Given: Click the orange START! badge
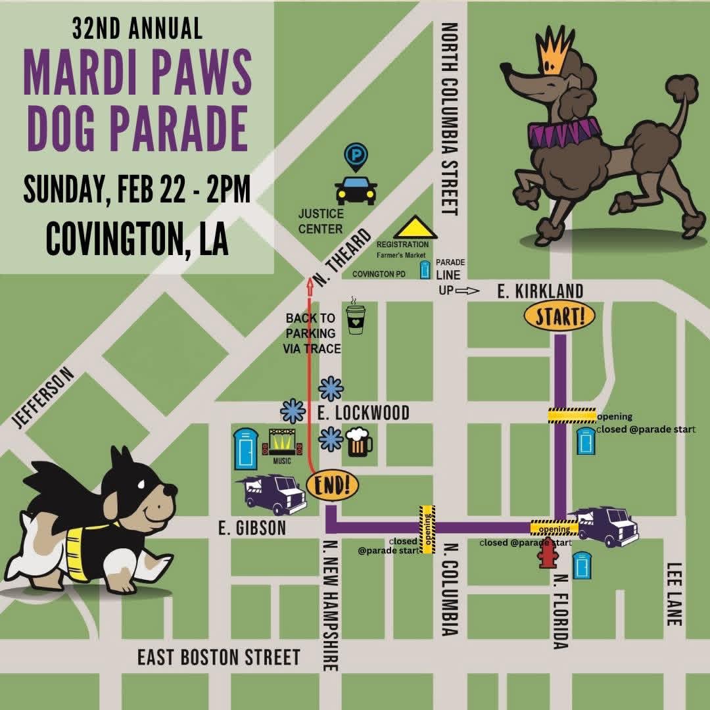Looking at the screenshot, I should point(559,317).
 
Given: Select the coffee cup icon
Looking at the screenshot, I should point(356,319).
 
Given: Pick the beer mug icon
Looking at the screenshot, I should point(358,442).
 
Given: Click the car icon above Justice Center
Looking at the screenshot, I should point(356,190).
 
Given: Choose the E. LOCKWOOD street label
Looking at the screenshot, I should point(363,413).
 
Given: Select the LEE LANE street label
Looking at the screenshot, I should point(675,594).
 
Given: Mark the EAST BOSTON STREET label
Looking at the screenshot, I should point(218,657).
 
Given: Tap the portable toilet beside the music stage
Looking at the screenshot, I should point(245,448).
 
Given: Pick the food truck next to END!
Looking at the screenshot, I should point(274,494).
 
